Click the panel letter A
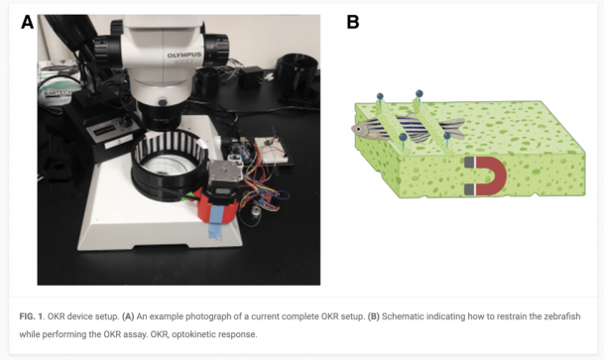[27, 22]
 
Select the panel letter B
[353, 22]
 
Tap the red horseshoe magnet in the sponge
[488, 175]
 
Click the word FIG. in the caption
[30, 314]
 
